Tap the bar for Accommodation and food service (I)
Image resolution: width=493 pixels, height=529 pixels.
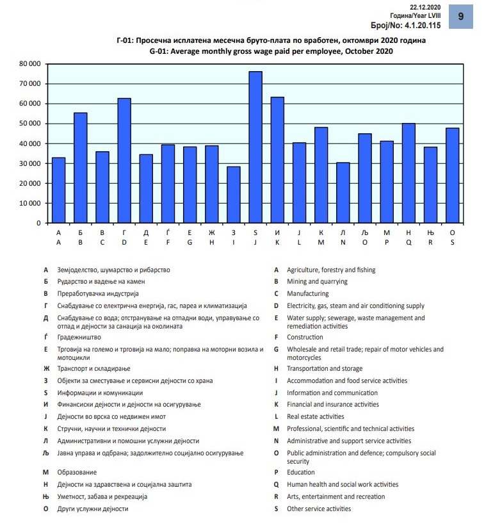click(234, 195)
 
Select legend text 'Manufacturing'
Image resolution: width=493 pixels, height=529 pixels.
click(307, 293)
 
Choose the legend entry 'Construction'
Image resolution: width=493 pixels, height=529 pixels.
click(304, 337)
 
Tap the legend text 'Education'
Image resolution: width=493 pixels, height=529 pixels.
click(301, 472)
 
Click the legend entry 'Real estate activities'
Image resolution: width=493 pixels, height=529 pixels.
click(315, 416)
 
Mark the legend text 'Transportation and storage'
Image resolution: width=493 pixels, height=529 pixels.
click(324, 368)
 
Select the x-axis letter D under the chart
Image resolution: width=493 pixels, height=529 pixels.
click(124, 243)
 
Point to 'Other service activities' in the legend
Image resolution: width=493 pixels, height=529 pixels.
click(319, 509)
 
